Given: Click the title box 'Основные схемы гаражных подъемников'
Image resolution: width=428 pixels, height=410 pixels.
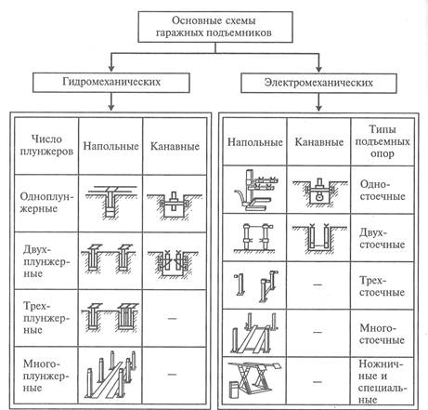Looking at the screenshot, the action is coord(215,27).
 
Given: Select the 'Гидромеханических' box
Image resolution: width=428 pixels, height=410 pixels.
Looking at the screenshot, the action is coord(111,83).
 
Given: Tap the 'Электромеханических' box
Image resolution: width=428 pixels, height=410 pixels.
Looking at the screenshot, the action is coord(318,83).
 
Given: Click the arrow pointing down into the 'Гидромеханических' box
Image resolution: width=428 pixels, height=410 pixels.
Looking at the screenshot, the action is coord(111,62).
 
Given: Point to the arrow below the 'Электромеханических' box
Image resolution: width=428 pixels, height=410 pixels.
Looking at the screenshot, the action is coord(318,102).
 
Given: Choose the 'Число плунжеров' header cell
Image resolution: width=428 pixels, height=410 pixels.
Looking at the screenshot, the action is coord(46,145).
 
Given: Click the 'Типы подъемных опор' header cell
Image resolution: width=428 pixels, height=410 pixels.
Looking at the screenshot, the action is coord(383,141).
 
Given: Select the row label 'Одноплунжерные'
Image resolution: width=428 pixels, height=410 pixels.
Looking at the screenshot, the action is coord(46,203).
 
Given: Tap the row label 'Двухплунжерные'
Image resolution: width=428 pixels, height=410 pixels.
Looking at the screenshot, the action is coord(46,261).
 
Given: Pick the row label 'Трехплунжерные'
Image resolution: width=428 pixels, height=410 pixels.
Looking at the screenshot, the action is coord(46,318).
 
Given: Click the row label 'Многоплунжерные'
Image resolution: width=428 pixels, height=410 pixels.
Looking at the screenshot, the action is coord(46,376).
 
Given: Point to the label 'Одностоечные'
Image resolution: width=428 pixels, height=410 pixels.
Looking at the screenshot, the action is coord(383,191).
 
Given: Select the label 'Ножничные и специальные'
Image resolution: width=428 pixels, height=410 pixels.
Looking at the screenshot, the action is coord(383,381).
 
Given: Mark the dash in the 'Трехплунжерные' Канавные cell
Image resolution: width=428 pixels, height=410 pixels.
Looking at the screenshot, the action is coord(172,318).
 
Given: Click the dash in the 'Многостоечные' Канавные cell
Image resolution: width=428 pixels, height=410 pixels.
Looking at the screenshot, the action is coord(318,332).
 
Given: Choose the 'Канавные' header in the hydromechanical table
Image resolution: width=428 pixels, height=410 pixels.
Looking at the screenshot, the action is coord(175,146).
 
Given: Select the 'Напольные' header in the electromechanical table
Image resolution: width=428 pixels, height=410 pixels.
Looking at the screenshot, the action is coord(255,142).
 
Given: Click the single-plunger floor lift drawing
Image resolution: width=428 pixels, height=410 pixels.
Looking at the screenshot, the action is coord(110,202).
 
